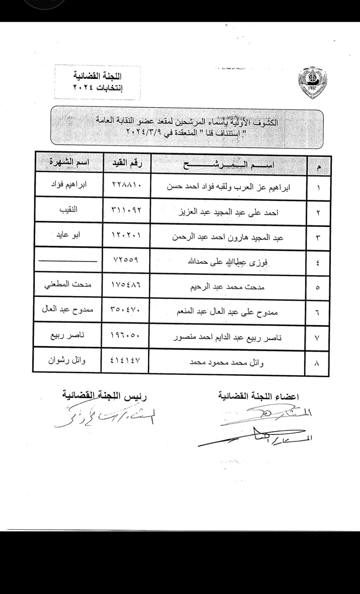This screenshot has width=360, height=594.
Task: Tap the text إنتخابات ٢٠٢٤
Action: coord(97,88)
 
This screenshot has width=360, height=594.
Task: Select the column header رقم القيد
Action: coord(127,163)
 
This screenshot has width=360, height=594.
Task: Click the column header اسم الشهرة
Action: coord(69,163)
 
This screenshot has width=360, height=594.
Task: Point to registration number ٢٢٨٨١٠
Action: coord(126,184)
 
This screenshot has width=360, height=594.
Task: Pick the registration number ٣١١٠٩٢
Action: coord(126,210)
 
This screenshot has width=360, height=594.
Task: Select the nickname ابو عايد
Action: coord(68,235)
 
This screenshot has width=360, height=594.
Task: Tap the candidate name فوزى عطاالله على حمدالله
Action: coord(228,262)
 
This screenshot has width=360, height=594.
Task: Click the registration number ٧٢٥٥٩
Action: coord(126,260)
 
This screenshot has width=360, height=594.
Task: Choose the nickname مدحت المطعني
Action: coord(68,284)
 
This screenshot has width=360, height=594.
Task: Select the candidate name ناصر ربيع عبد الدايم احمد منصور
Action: coord(227,338)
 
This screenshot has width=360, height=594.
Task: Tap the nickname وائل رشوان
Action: coord(67,360)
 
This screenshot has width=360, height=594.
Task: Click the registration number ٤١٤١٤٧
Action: coord(125,360)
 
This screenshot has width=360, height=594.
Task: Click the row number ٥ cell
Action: coord(317,288)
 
